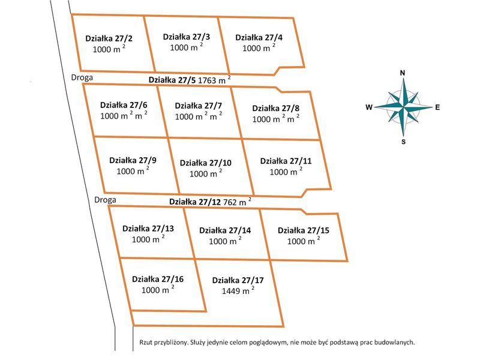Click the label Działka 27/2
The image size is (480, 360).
(x=109, y=38)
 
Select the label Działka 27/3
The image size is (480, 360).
(x=187, y=37)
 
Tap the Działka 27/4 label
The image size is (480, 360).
(x=259, y=37)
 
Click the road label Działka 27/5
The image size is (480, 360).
(x=172, y=80)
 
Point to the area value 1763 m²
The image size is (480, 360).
(x=214, y=80)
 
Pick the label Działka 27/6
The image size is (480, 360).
(x=124, y=105)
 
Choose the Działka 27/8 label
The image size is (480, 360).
(x=276, y=109)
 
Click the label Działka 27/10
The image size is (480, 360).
(x=206, y=163)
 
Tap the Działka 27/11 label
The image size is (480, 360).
(x=286, y=161)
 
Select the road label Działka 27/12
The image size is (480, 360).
(x=195, y=202)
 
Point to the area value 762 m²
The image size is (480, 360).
(x=238, y=202)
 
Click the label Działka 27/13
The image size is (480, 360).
(x=148, y=229)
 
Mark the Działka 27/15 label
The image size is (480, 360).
(x=304, y=230)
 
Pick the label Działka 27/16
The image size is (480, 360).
(x=158, y=279)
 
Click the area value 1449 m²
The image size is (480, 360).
(x=238, y=290)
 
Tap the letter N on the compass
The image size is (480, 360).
(x=403, y=73)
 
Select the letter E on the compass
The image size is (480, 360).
(x=437, y=107)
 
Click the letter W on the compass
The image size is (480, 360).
(x=369, y=107)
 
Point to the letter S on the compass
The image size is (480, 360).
(x=403, y=142)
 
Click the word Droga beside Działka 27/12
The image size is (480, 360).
(x=106, y=200)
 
